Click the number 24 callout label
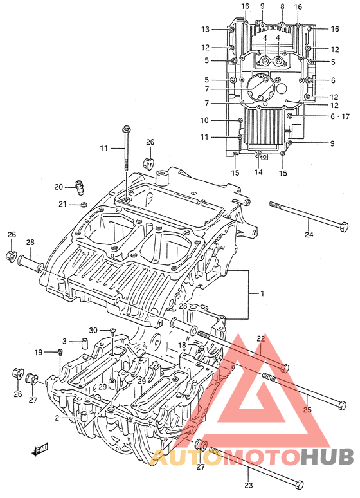click(x=309, y=234)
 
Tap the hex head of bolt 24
click(x=344, y=226)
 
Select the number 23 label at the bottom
click(x=249, y=485)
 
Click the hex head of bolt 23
click(x=300, y=484)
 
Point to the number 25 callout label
click(x=307, y=410)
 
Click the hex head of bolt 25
click(x=342, y=405)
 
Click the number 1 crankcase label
click(x=262, y=293)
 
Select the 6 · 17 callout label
click(x=339, y=116)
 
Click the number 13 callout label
click(x=206, y=29)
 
